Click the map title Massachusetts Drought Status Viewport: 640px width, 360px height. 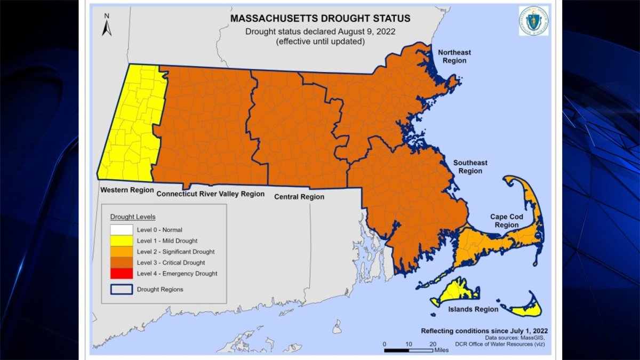point(320,18)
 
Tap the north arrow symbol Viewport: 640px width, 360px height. point(106,25)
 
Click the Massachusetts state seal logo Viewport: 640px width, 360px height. point(533,21)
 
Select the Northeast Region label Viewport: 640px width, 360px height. point(454,56)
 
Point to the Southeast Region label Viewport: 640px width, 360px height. point(470,166)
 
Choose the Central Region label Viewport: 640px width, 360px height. point(299,197)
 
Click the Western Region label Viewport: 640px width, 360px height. point(127,190)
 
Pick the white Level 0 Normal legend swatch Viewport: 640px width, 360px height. point(122,229)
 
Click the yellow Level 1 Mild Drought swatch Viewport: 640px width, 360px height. point(122,241)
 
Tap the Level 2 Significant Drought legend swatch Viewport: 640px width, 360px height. point(122,251)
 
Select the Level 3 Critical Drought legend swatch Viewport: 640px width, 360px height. point(122,262)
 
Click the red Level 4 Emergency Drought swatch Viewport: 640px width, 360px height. point(122,273)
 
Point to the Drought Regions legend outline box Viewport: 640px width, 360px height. point(122,289)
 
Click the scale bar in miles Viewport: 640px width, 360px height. point(409,349)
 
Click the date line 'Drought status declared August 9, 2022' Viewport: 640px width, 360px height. point(320,31)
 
